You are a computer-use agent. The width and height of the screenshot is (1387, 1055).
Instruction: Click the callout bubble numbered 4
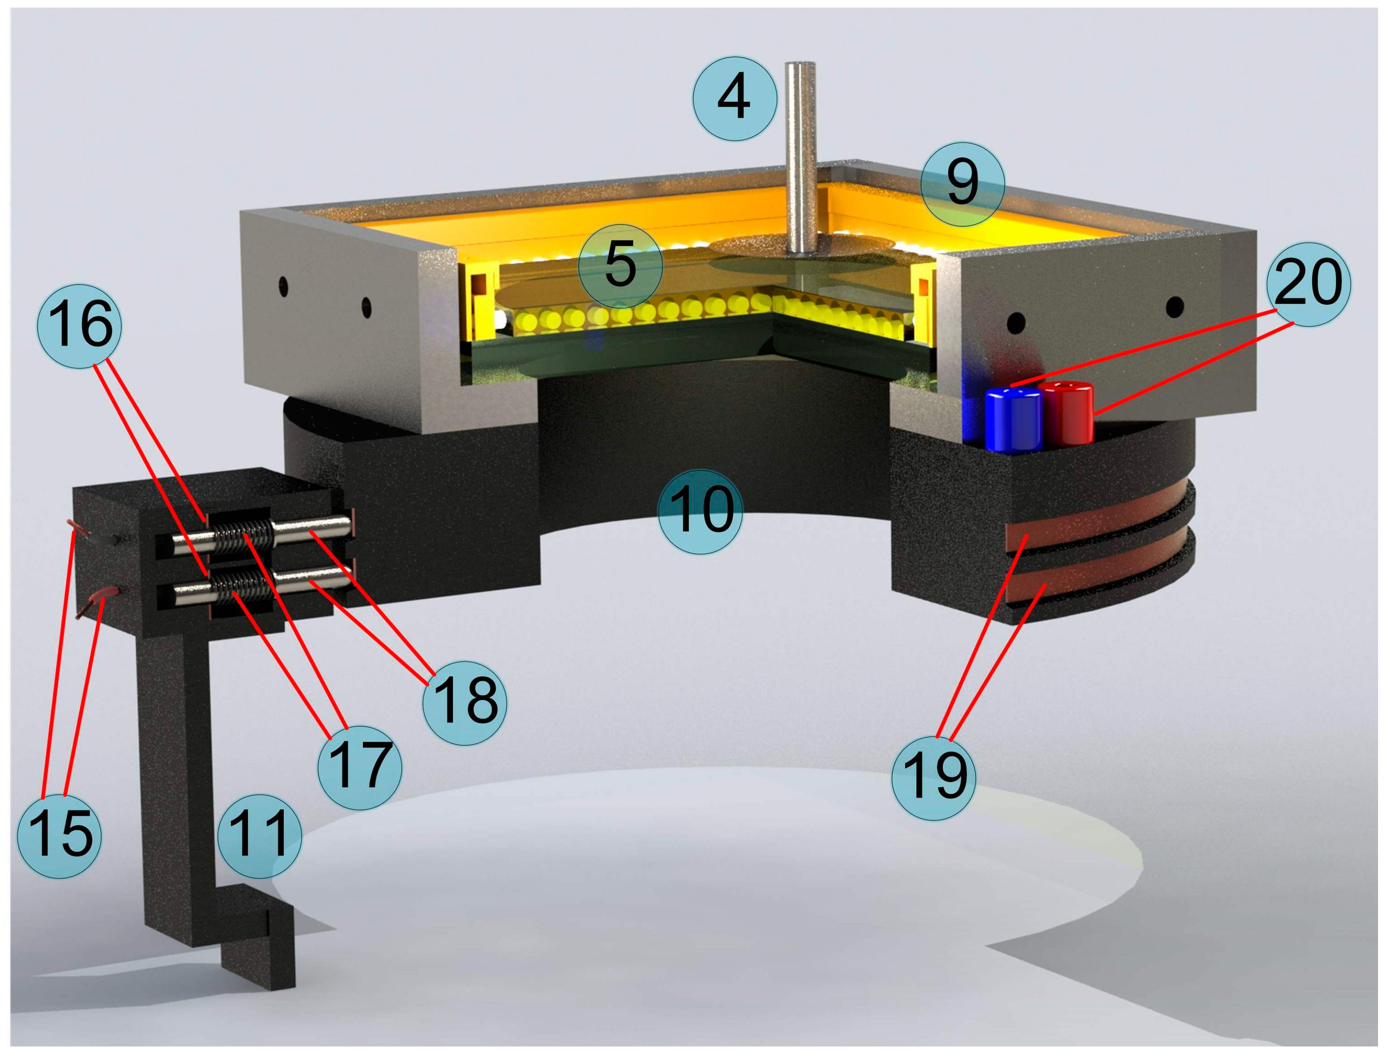(x=734, y=99)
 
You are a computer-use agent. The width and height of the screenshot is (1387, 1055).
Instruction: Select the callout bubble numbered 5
(x=620, y=266)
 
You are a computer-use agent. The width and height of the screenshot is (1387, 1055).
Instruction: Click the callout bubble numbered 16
(x=80, y=325)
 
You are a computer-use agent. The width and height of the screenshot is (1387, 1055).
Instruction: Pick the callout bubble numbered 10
(x=700, y=511)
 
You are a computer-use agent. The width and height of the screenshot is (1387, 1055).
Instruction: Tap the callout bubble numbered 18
(x=465, y=703)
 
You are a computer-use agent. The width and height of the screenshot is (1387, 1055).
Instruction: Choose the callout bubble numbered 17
(x=359, y=767)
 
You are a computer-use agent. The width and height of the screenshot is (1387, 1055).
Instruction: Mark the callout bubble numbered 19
(x=933, y=778)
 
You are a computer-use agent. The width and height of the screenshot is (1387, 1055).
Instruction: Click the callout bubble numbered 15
(x=60, y=835)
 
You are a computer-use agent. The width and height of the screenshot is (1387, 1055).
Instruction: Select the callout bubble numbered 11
(x=259, y=836)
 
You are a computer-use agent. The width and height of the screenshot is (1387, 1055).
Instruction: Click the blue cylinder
(x=1013, y=419)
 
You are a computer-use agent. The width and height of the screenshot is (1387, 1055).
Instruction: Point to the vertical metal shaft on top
(x=800, y=158)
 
